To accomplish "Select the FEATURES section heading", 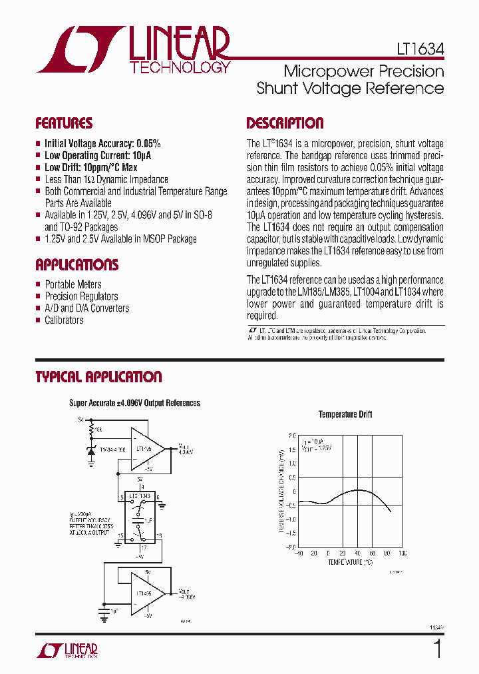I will pos(64,123).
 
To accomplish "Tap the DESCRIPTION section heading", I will pos(285,123).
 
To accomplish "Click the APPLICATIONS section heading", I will pos(77,264).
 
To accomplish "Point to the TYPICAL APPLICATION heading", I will pos(98,377).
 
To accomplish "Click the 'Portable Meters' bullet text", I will pos(73,284).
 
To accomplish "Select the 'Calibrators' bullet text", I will pos(64,320).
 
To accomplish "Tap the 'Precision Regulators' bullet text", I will pos(81,296).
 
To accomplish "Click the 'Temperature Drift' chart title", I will pos(345,414).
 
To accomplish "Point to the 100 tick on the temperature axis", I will pos(402,553).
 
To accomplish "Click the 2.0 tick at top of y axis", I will pos(292,436).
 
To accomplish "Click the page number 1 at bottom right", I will pos(437,648).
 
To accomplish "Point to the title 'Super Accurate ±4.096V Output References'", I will pos(135,403).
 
